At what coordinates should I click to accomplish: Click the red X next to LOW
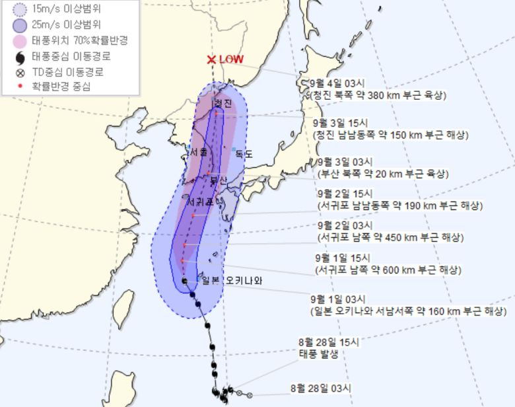click(x=211, y=59)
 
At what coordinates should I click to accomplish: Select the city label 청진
click(x=223, y=104)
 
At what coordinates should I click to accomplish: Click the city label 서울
click(x=199, y=152)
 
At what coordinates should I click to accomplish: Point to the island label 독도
click(x=244, y=153)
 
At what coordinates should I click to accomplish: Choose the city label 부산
click(x=218, y=180)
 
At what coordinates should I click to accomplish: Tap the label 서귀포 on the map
click(x=200, y=201)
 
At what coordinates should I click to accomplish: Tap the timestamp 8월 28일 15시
click(x=328, y=342)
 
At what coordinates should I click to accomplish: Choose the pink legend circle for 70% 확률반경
click(x=19, y=41)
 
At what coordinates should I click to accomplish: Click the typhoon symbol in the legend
click(x=19, y=56)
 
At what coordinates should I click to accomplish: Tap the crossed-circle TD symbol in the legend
click(x=19, y=71)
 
